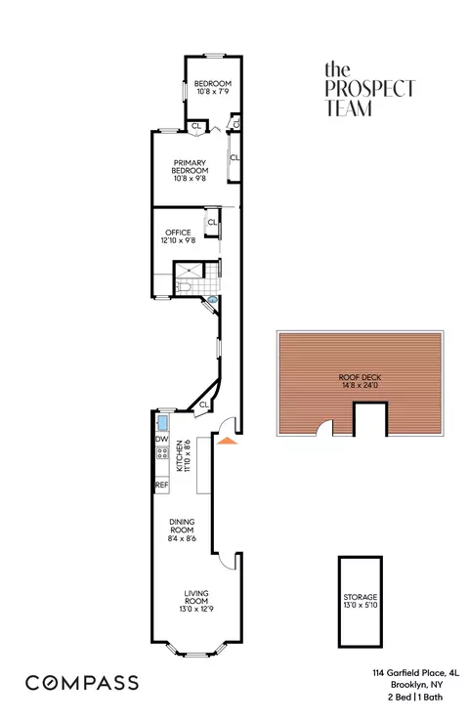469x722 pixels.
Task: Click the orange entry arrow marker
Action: (227, 443)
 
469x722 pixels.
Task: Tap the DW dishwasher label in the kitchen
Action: (161, 439)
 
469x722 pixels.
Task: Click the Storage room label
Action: (359, 601)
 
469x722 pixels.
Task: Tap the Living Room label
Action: (197, 599)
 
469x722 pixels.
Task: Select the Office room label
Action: (178, 236)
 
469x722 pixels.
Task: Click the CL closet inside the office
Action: (211, 223)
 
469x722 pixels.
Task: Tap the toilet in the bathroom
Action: (192, 288)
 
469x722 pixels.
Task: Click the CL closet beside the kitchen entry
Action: (204, 404)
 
